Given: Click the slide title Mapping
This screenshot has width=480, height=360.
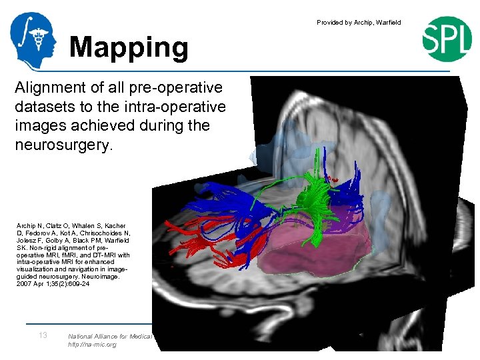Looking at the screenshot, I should [129, 47].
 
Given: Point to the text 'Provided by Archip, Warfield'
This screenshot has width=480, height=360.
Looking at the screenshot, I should [359, 23].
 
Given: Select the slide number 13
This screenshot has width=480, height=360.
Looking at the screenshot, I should [43, 335].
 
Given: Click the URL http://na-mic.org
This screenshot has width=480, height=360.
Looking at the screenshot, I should [92, 345].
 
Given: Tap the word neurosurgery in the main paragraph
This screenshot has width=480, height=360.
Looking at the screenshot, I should [64, 144].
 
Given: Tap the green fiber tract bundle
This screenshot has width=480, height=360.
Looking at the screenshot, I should [319, 193].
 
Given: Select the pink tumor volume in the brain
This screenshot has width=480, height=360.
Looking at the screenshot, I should [313, 247].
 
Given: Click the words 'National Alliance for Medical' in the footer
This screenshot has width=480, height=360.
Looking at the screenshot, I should [111, 336].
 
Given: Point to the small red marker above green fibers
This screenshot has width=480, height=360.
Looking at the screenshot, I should [333, 179].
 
